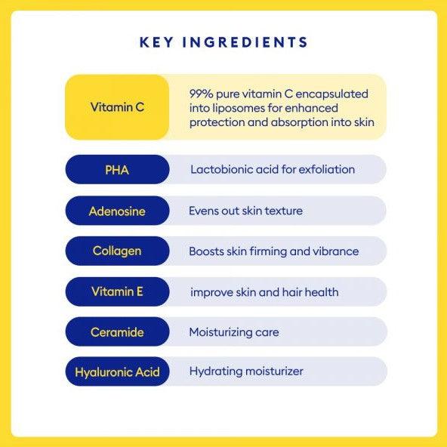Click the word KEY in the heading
(156, 42)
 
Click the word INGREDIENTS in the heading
(245, 42)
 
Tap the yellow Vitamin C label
(117, 107)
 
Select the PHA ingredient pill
(117, 170)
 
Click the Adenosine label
(117, 211)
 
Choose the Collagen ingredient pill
(117, 251)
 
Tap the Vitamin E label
(117, 291)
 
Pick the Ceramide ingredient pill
(117, 331)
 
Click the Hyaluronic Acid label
(117, 371)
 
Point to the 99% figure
(201, 94)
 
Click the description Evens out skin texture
(245, 211)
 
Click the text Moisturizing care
(234, 332)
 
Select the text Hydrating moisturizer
(246, 371)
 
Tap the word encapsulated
(331, 94)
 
